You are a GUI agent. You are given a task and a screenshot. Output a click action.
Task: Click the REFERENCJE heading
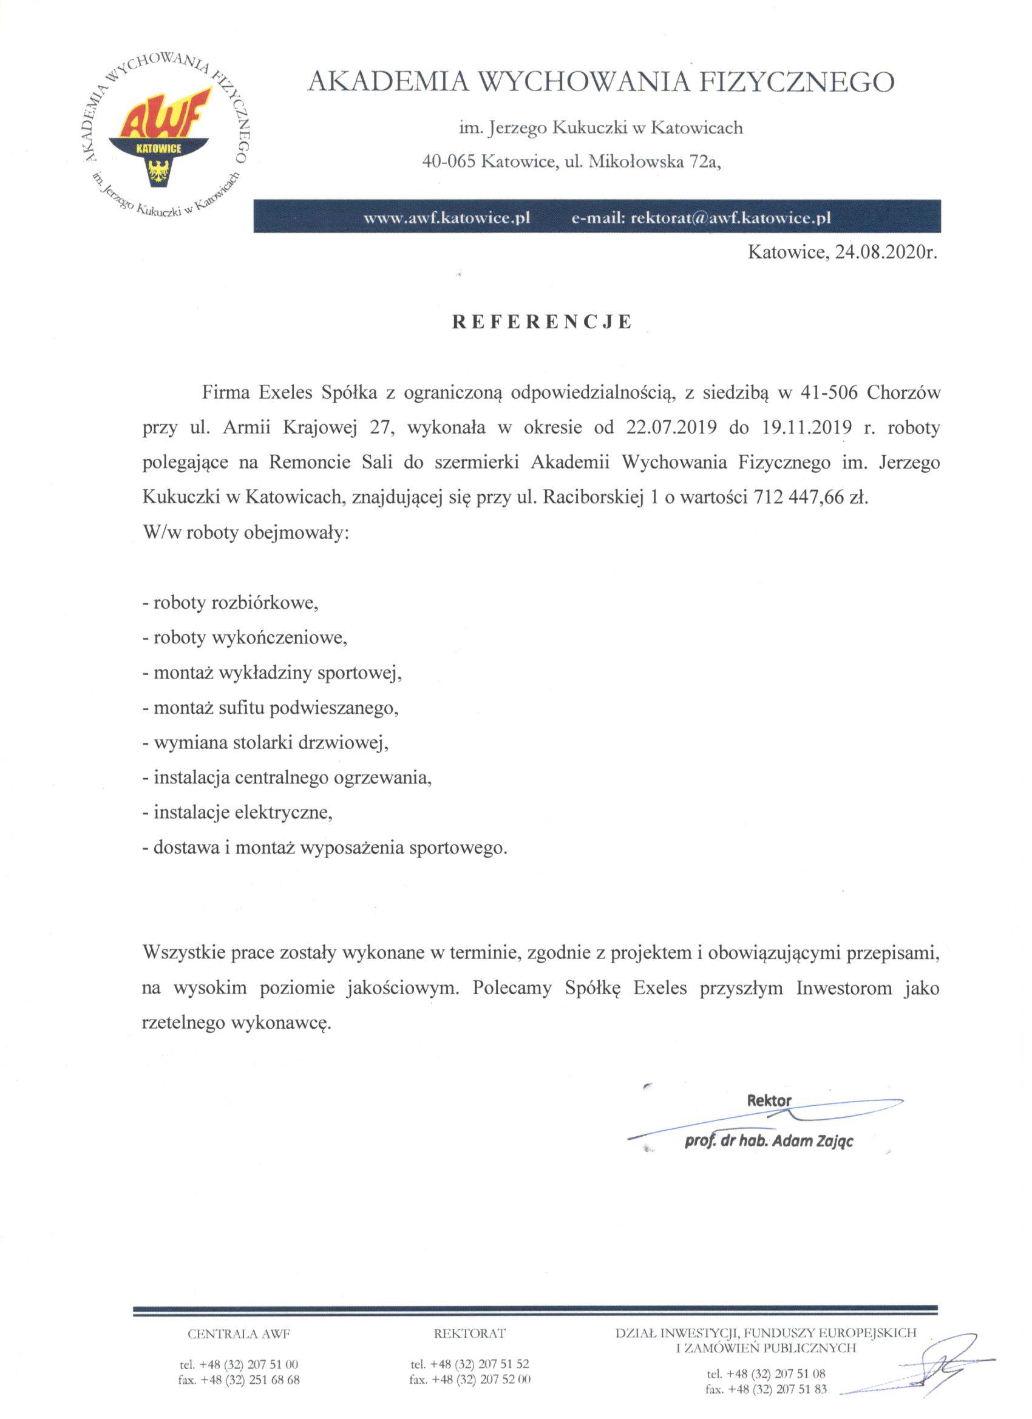tap(542, 322)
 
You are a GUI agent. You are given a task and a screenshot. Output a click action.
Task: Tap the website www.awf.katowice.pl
tap(447, 218)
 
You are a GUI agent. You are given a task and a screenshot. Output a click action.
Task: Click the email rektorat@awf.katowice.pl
tap(732, 218)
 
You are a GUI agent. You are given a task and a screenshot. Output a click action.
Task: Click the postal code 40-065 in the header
tap(449, 162)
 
